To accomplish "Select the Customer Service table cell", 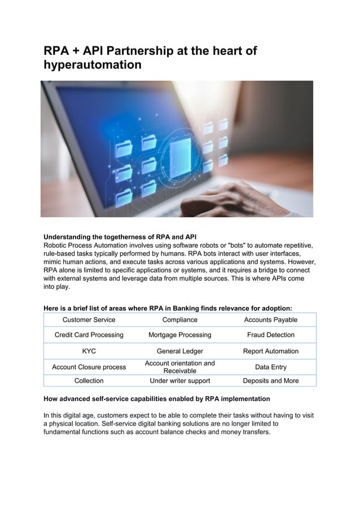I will point(89,320).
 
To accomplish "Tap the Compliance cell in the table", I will point(179,320).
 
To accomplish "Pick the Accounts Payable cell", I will point(270,320).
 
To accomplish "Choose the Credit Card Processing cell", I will point(89,335).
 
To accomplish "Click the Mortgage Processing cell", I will point(179,335).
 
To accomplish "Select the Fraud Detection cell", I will point(270,335).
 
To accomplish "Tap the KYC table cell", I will point(89,351).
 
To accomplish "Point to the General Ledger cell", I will point(179,351).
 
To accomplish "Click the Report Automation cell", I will point(270,351).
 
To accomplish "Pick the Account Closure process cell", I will point(89,367).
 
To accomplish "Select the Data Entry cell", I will point(270,367).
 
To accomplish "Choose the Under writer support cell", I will point(179,381).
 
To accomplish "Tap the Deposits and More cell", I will point(270,381).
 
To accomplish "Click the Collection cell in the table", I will point(89,381).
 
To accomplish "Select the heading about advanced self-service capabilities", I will point(157,399).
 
